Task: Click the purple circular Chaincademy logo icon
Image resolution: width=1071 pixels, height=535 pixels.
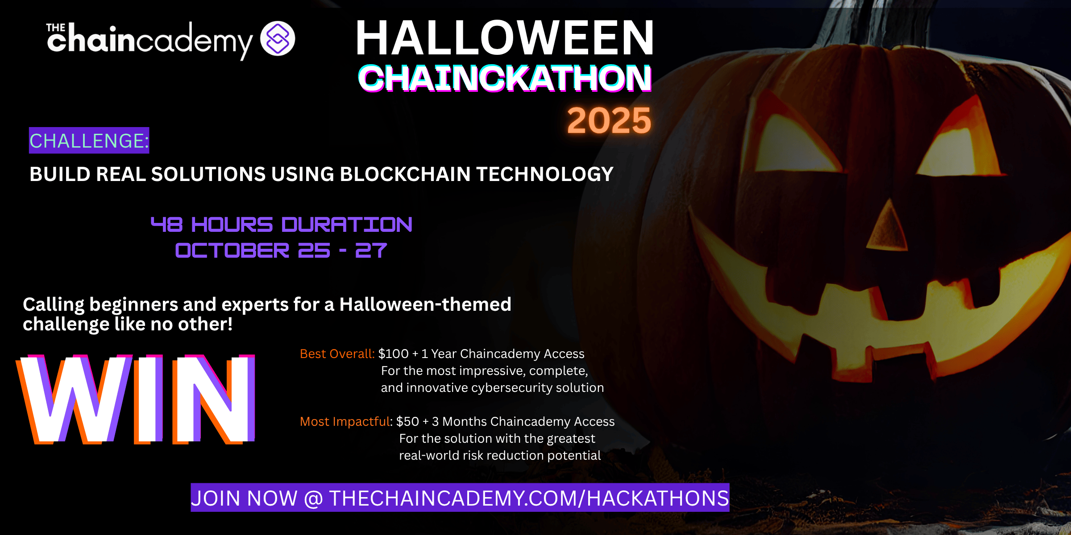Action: pos(278,38)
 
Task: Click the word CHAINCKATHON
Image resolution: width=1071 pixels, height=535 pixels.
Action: pos(505,78)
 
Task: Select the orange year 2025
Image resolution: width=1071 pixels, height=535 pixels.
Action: pos(609,121)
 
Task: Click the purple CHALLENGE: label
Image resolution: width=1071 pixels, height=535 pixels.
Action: pos(89,141)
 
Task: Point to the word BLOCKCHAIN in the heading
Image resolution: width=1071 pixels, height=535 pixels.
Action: pos(405,174)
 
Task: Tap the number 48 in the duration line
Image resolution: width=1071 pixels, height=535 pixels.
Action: pos(167,225)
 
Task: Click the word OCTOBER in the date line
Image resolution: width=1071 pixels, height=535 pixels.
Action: pos(232,251)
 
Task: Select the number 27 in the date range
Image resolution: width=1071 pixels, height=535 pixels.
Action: pos(371,251)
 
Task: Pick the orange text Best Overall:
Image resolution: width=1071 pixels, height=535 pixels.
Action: pos(337,354)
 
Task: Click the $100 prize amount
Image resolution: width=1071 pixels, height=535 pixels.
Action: pos(393,354)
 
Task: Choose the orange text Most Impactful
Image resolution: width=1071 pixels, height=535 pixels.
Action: pos(345,422)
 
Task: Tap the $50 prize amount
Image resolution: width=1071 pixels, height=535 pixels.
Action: pos(407,422)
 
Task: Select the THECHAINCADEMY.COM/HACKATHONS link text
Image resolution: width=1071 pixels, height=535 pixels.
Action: pos(529,498)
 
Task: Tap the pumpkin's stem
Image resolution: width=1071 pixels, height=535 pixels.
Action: pos(843,22)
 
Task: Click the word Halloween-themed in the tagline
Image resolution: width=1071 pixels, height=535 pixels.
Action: pos(425,305)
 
